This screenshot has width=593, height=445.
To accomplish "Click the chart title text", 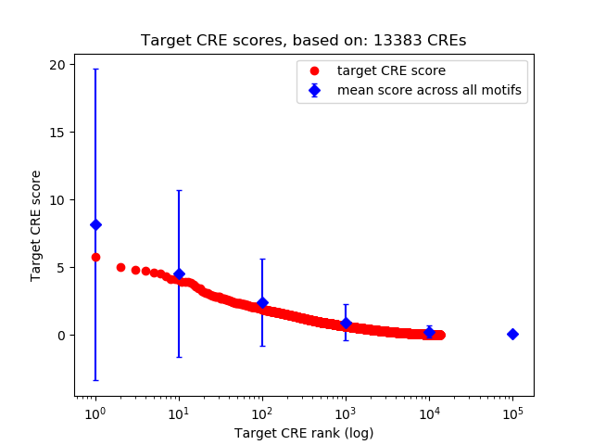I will click(x=303, y=41).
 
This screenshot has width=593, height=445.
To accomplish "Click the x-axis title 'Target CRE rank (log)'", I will click(x=303, y=432).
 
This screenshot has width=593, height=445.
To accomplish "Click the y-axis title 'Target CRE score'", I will click(x=36, y=225).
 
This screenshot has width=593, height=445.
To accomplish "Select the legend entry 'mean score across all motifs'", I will click(x=428, y=90).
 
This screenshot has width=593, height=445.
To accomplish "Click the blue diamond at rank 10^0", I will click(x=95, y=224).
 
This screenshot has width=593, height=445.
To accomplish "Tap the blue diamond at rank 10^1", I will click(x=179, y=273).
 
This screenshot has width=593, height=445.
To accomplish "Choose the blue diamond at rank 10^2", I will click(x=262, y=302).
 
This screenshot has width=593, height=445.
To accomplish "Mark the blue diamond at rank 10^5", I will click(x=512, y=334).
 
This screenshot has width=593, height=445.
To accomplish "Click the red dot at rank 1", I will click(x=95, y=257).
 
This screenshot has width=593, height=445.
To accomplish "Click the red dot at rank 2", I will click(x=120, y=267).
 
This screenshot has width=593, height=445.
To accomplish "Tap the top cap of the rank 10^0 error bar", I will click(x=95, y=69).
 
